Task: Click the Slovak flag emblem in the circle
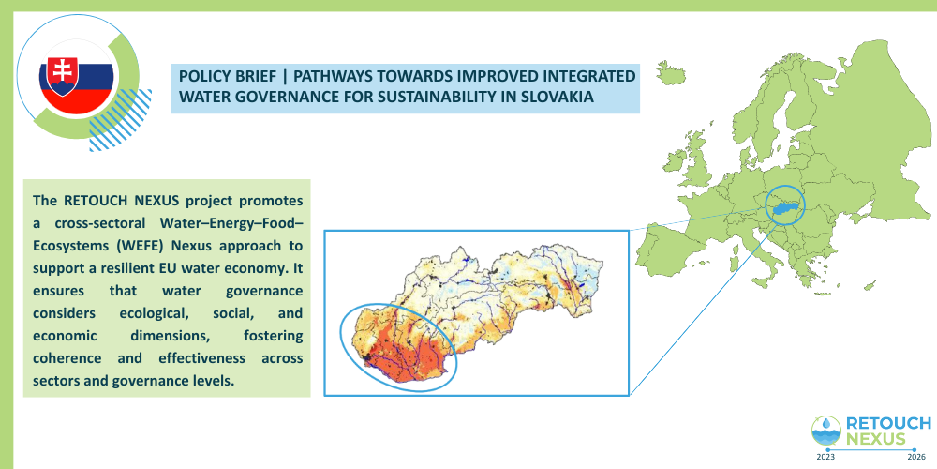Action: tap(76, 76)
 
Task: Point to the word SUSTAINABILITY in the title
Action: tap(437, 97)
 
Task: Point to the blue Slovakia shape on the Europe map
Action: tap(785, 207)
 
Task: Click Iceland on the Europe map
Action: tap(671, 72)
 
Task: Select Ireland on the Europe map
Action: tap(675, 161)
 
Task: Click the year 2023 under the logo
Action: tap(826, 457)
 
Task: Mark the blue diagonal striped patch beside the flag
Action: tap(120, 120)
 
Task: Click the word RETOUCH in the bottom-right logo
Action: tap(888, 424)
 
